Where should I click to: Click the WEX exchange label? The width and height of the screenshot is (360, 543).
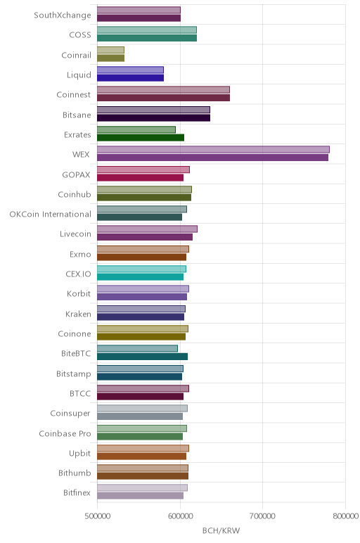click(81, 155)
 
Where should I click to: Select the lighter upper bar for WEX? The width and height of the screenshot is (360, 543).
click(213, 150)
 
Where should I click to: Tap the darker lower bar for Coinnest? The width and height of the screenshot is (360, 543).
click(163, 98)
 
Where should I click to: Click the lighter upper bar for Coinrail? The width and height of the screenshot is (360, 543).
click(110, 50)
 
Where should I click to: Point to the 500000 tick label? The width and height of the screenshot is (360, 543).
click(98, 516)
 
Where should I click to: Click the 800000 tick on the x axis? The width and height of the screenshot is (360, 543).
click(345, 516)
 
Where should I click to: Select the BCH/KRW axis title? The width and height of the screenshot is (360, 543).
click(221, 530)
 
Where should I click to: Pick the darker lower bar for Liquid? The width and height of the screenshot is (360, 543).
click(130, 77)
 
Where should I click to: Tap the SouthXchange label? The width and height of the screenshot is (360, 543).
click(63, 15)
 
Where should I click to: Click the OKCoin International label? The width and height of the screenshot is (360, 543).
click(50, 215)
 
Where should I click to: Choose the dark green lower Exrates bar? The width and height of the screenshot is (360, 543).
click(141, 137)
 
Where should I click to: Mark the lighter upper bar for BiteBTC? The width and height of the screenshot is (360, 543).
click(137, 349)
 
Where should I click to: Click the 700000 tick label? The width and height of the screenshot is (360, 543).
click(262, 516)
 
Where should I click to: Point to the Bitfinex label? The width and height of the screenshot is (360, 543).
click(77, 493)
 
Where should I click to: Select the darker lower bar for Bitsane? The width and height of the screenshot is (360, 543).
click(153, 117)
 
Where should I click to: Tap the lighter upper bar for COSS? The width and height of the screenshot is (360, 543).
click(147, 30)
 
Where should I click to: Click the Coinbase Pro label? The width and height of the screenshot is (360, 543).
click(65, 433)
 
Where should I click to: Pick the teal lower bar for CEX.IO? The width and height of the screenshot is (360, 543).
click(140, 277)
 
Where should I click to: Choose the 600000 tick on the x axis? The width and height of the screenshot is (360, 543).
click(180, 516)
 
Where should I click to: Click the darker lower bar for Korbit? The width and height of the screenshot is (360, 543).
click(142, 297)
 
